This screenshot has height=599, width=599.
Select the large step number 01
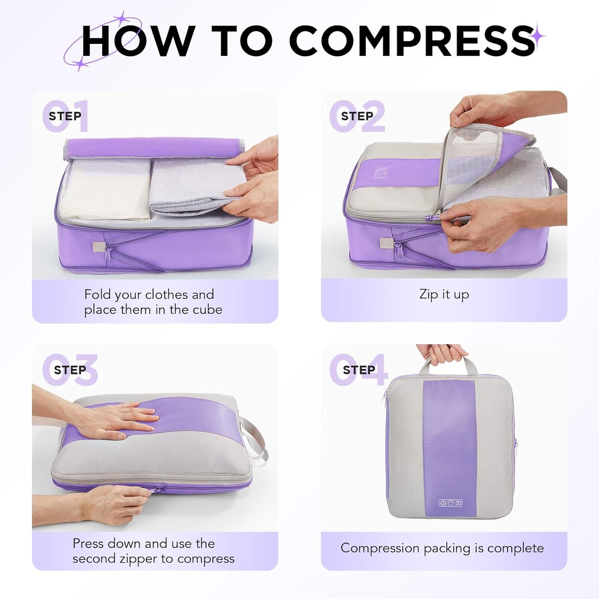click(66, 116)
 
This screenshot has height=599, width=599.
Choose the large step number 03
click(70, 370)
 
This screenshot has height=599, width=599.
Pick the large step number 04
click(359, 370)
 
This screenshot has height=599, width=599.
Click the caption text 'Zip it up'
click(444, 294)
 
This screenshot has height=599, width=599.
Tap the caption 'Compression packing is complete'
click(442, 548)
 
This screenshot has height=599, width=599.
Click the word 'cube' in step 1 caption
click(206, 310)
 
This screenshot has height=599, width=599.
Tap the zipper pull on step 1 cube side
click(109, 253)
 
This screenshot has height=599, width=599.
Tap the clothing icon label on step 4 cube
click(450, 503)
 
